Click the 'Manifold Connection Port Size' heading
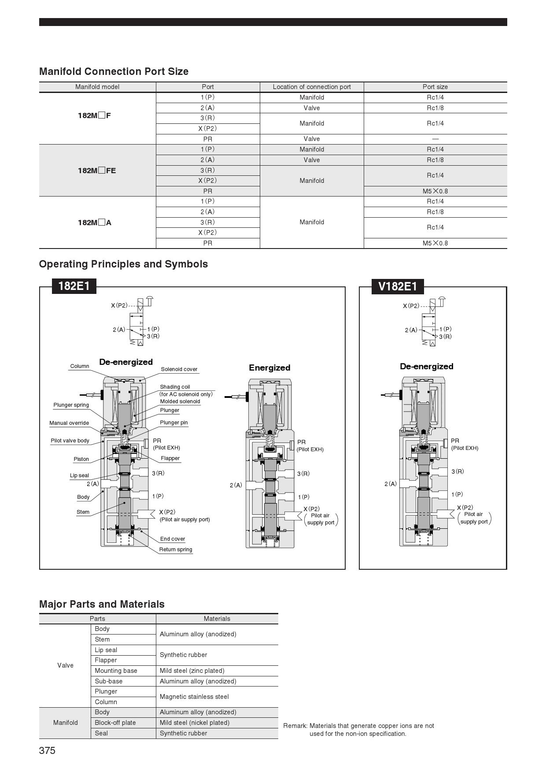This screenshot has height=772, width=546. [114, 71]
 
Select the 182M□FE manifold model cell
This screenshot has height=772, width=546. [97, 171]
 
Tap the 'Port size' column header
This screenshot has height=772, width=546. [435, 87]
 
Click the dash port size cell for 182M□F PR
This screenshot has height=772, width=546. [435, 139]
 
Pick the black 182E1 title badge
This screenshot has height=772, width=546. [74, 286]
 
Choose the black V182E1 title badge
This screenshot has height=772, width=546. [398, 287]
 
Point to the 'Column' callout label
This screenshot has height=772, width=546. [80, 366]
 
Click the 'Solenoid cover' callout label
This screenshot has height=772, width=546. [179, 369]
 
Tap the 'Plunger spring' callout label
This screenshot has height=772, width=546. [71, 405]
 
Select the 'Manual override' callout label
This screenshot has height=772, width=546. [69, 423]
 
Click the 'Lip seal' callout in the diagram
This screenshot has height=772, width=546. [79, 475]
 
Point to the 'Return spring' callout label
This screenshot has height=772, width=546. [176, 549]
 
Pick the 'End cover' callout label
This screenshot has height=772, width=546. [173, 539]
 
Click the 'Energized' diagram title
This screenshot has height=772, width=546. [269, 368]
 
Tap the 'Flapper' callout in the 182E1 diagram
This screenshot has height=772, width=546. [170, 458]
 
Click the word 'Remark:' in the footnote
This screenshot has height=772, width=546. [295, 726]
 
